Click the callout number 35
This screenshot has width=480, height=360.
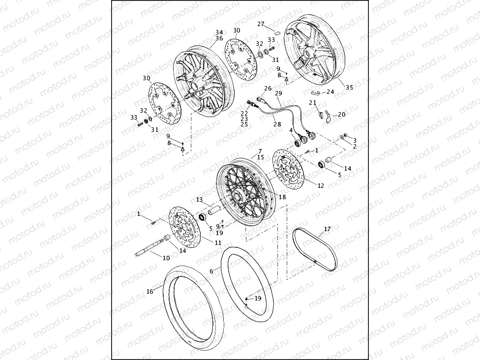coord(349,88)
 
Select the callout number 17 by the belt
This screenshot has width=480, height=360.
coord(327,229)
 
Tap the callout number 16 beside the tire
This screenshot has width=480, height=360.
coord(150,292)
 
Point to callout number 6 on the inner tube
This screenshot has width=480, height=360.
coord(211,271)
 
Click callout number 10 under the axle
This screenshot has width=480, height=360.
coord(166,258)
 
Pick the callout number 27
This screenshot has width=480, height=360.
coord(261,24)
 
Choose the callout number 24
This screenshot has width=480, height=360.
coord(330,91)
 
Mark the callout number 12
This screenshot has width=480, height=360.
coord(321,186)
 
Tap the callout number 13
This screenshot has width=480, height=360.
coord(200,200)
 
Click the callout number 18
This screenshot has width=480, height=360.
coord(282,197)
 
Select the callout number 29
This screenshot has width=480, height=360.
coord(278,93)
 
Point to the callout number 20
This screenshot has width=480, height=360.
coord(341,114)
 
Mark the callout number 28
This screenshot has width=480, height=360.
coord(277,124)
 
